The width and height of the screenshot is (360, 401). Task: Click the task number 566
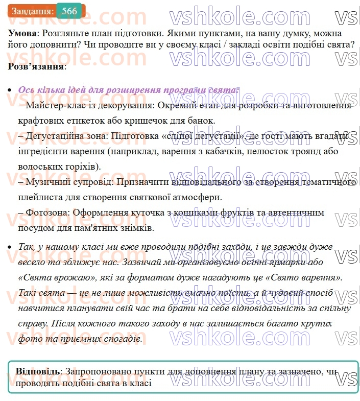69,11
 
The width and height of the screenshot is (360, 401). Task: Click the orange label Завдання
32,11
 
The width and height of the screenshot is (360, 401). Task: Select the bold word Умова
22,33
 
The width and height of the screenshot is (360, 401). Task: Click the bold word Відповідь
37,371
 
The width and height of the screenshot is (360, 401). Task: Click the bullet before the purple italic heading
10,90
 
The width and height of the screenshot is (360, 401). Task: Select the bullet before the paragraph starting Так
10,247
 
